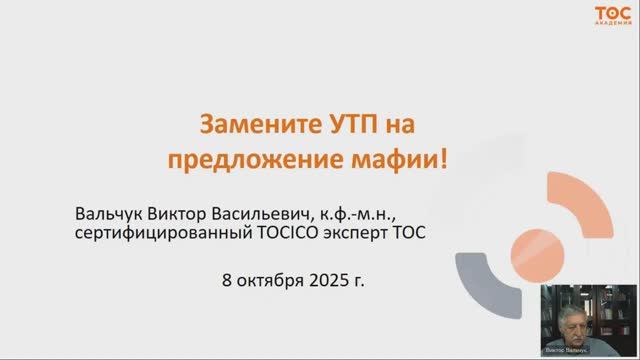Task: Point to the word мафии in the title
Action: coord(394,160)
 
